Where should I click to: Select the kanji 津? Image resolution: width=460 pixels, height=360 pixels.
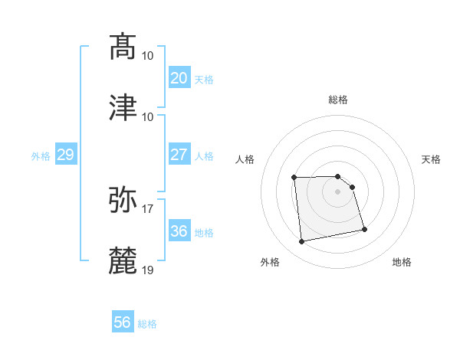click(123, 107)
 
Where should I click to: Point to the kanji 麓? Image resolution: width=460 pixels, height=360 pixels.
click(123, 260)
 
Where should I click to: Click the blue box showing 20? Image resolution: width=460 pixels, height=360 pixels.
click(179, 78)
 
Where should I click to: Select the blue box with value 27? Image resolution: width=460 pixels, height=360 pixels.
click(179, 155)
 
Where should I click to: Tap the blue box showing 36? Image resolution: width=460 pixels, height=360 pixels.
click(179, 231)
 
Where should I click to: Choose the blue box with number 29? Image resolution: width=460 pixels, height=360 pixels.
click(65, 155)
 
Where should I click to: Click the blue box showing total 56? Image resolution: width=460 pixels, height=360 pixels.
click(123, 322)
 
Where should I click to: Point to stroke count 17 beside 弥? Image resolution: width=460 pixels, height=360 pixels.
click(148, 208)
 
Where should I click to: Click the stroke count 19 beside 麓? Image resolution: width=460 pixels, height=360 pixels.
click(148, 270)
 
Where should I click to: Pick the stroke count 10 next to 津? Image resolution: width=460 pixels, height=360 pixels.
click(148, 116)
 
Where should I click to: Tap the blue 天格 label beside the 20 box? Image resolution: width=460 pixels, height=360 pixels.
click(204, 80)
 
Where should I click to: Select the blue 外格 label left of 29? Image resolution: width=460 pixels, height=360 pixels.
click(41, 156)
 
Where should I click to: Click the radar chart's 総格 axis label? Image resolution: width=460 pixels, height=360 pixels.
click(338, 100)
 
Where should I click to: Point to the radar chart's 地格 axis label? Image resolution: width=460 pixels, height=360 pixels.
click(402, 262)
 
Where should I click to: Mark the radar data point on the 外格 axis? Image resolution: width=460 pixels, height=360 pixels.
click(302, 242)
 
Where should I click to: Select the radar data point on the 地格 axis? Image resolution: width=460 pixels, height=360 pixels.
click(364, 229)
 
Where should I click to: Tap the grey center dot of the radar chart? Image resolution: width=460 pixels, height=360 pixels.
click(338, 191)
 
